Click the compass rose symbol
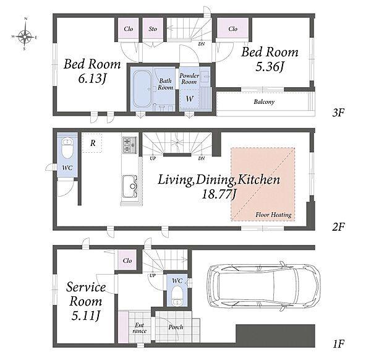[x=25, y=36]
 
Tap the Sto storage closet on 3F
[x=153, y=28]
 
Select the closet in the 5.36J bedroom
[x=233, y=28]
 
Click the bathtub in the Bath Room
[x=142, y=88]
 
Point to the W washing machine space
[x=189, y=99]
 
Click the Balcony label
[x=264, y=102]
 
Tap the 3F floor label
[x=338, y=113]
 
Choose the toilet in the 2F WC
[x=67, y=149]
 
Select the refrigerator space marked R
[x=92, y=143]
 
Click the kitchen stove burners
[x=130, y=145]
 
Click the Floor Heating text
[x=273, y=215]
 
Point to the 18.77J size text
[x=219, y=195]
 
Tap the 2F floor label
[x=338, y=227]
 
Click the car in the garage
[x=264, y=286]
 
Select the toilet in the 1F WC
[x=177, y=296]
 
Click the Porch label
[x=176, y=327]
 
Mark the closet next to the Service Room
[x=127, y=260]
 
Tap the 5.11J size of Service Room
[x=86, y=315]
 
